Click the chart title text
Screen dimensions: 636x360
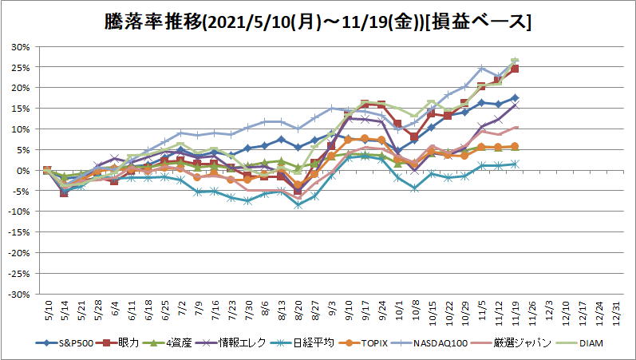click(318, 22)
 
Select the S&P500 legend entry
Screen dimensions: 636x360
click(65, 343)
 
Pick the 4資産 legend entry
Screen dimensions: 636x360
click(166, 343)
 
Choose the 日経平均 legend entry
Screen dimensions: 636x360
click(302, 343)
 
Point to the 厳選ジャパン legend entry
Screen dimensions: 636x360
click(511, 343)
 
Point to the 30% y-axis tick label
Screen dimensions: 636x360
click(21, 47)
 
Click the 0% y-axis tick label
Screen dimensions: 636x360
click(23, 171)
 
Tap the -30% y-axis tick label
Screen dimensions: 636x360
click(19, 295)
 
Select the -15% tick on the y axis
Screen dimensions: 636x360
click(19, 232)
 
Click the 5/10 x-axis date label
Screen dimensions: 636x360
click(47, 311)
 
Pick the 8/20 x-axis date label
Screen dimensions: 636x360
click(298, 311)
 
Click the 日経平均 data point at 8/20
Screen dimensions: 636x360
click(298, 205)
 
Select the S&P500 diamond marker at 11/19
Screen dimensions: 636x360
click(516, 98)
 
